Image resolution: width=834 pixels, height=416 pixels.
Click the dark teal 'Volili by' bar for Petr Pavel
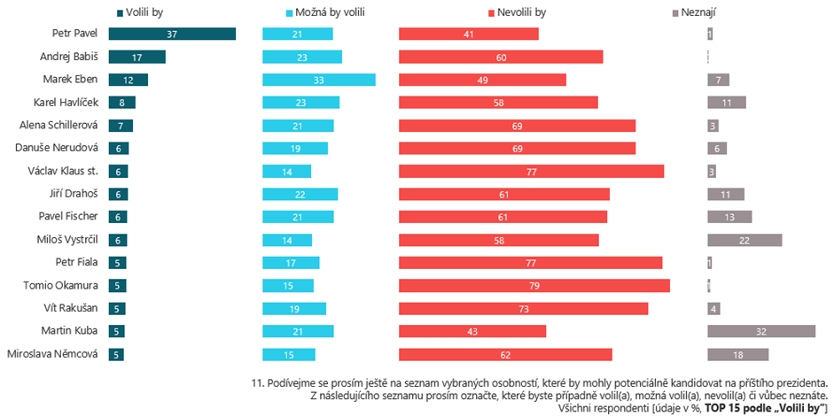click(x=172, y=34)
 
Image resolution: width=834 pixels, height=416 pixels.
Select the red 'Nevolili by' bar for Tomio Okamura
click(x=534, y=285)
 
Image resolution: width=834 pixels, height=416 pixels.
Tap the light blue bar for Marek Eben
click(x=318, y=80)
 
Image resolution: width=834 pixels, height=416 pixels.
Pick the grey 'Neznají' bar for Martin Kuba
click(x=760, y=331)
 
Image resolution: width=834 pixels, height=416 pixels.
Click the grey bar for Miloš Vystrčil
click(x=744, y=240)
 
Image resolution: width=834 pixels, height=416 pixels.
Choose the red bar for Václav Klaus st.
click(x=531, y=171)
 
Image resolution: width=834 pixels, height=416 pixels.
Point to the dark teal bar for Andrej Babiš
click(x=136, y=57)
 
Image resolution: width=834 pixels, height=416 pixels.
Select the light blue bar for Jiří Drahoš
click(x=300, y=194)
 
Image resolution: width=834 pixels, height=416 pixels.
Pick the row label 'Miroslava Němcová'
click(x=52, y=354)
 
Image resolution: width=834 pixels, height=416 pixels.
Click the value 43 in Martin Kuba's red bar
click(x=472, y=331)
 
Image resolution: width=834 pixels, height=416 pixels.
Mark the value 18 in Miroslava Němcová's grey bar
click(x=737, y=354)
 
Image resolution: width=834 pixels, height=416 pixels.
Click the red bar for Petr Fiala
click(x=530, y=262)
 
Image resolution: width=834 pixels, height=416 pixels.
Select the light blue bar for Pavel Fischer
click(x=298, y=217)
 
